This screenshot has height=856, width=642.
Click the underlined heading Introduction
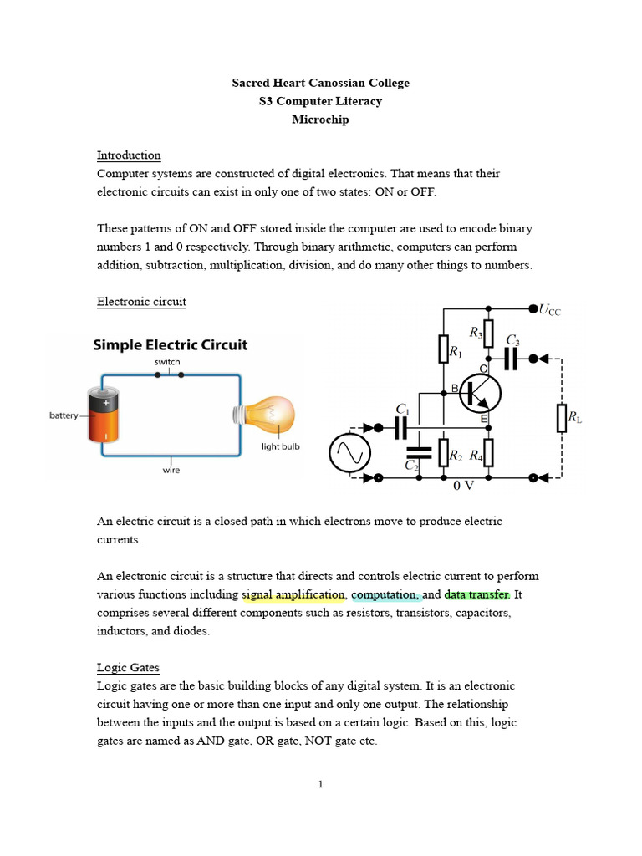(129, 155)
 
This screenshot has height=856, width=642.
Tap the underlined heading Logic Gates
(128, 668)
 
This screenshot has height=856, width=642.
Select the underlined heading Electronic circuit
(141, 302)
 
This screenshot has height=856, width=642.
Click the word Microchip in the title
(320, 120)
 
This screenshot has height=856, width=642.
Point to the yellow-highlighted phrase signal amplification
(293, 595)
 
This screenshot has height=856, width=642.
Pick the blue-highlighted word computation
(385, 595)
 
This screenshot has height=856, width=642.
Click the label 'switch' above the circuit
(167, 362)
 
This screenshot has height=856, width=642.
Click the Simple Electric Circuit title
(170, 344)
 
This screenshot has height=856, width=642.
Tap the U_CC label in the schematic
(550, 311)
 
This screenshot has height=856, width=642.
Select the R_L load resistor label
(574, 417)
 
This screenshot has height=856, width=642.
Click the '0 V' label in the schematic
(464, 486)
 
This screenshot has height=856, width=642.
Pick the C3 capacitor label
(513, 341)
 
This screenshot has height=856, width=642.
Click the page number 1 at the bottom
(320, 784)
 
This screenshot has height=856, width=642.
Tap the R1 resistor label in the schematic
(456, 353)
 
